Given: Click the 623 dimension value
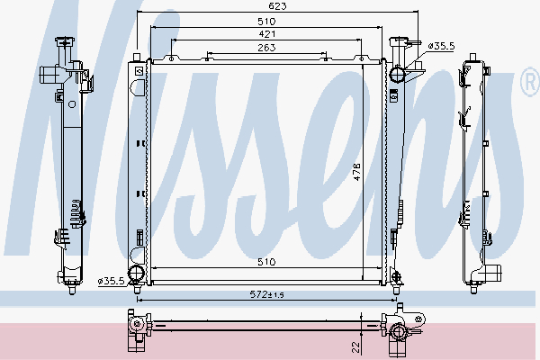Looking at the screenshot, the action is click(277, 6).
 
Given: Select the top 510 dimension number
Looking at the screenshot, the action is click(266, 22).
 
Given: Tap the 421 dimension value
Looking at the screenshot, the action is click(267, 34).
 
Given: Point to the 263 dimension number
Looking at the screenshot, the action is click(266, 47).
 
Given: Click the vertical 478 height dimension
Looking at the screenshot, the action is click(356, 172).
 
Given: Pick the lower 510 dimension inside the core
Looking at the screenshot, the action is click(266, 262).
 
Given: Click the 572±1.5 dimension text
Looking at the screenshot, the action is click(267, 294).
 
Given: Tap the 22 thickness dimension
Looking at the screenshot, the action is click(356, 346).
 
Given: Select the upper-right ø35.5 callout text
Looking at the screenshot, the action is click(441, 46).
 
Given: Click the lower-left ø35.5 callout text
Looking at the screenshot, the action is click(111, 281).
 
